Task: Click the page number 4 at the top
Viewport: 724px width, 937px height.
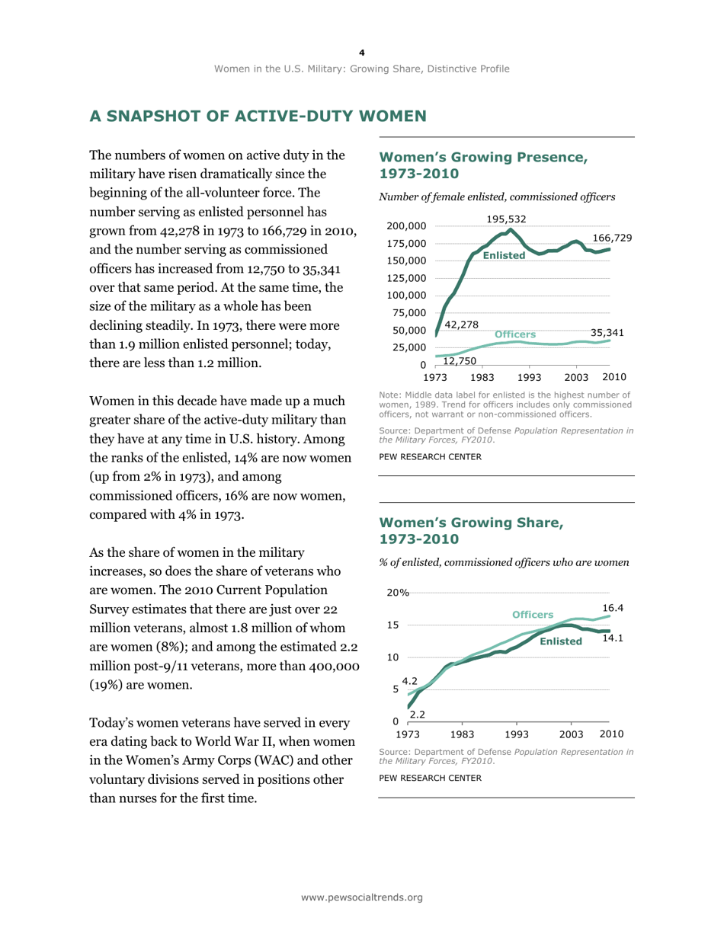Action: [362, 52]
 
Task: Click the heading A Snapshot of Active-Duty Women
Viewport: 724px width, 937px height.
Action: [257, 117]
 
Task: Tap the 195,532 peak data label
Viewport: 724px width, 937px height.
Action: [507, 219]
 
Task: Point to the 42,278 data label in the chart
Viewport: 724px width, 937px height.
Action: [461, 325]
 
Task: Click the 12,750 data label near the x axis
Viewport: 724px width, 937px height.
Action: [460, 360]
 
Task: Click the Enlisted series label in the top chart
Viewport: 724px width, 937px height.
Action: [504, 256]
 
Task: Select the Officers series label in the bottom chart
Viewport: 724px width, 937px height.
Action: [533, 614]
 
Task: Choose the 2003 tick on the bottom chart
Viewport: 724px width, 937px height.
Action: [571, 734]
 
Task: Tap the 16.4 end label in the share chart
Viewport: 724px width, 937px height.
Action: [613, 608]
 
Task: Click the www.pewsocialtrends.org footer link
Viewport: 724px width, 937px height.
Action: [362, 898]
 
